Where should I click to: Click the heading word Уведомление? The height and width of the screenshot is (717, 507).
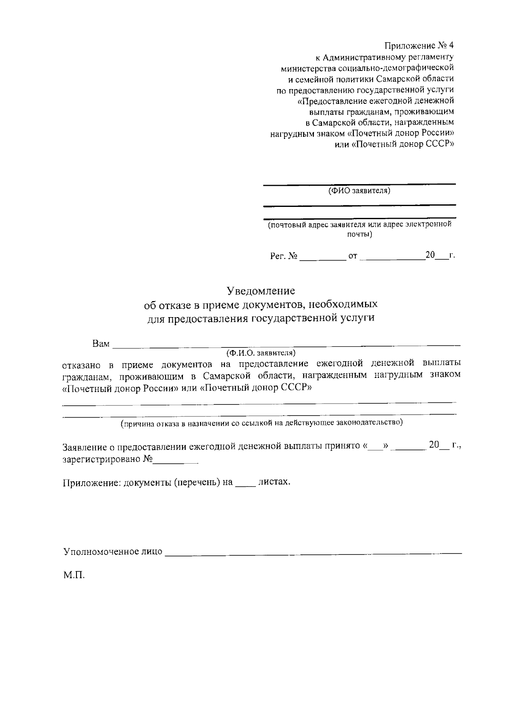(x=261, y=291)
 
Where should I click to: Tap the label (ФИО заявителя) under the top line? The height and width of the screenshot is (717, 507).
(x=359, y=191)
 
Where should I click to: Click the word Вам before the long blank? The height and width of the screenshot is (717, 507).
(x=101, y=344)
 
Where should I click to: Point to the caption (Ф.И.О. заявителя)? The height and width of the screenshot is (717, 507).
(x=261, y=352)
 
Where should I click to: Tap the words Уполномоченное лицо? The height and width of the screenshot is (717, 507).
(x=113, y=551)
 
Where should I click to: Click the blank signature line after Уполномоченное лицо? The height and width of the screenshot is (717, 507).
(x=313, y=552)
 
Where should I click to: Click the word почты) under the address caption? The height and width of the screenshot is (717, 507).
(x=359, y=234)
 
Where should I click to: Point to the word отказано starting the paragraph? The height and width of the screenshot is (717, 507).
(x=83, y=364)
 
